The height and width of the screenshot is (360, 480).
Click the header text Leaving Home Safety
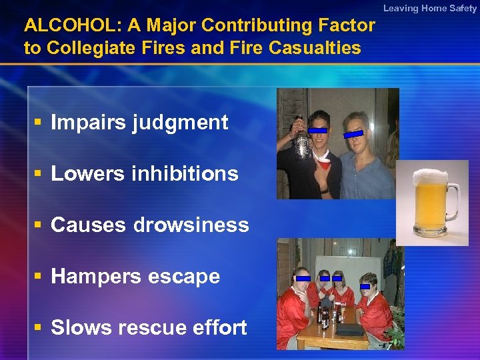point(430,8)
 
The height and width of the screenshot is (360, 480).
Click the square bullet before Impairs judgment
point(38,123)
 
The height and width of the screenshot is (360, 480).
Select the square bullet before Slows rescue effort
point(38,327)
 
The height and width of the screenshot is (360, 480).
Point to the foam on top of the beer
point(430,177)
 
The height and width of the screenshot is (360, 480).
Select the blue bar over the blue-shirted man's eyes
point(353,134)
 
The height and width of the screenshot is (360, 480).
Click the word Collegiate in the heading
point(93,48)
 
